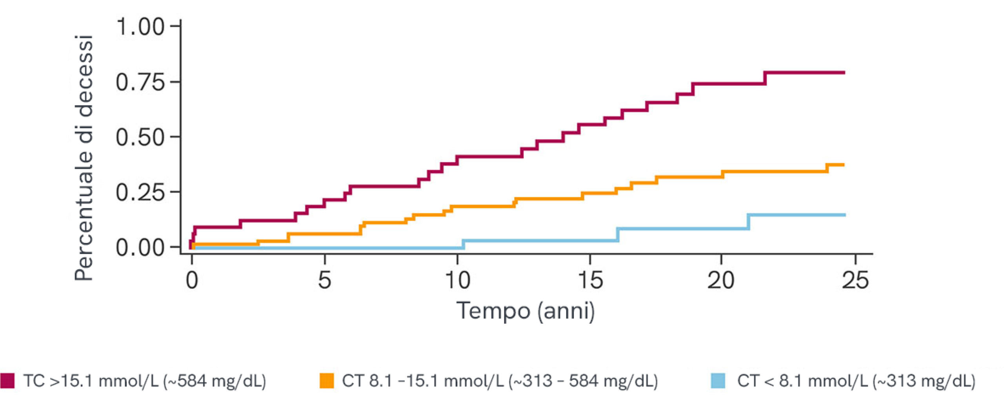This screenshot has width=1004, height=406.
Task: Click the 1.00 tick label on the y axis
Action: pos(140,27)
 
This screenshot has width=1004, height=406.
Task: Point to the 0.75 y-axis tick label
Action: pos(140,82)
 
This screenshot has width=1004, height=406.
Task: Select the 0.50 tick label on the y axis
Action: pos(140,138)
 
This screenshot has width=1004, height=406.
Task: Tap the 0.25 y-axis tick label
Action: pos(140,192)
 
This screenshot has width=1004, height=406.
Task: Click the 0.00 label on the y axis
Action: pos(140,248)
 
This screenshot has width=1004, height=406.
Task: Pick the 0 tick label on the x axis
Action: pos(192,281)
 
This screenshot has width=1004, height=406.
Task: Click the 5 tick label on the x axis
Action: pos(324,281)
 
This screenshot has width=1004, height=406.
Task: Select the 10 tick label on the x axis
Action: pos(457,281)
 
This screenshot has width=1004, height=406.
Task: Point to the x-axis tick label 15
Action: pos(590,281)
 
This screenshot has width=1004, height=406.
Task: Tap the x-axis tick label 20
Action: pos(721,281)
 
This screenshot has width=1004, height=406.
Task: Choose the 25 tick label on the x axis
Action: pos(855,281)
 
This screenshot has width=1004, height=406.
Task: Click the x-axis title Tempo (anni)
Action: pos(526,311)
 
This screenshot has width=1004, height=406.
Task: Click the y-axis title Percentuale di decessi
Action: pos(84,158)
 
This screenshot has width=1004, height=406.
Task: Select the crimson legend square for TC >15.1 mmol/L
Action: pos(7,381)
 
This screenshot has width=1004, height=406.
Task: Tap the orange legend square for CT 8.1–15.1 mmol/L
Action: pos(327,381)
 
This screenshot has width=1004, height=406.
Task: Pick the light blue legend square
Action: pos(718,381)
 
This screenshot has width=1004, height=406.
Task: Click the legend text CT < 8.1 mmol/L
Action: pos(856,381)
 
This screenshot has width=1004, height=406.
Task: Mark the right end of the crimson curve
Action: pos(844,72)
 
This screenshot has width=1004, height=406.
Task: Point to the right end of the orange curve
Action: pos(844,165)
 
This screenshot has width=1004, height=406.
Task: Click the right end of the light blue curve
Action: pos(845,215)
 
